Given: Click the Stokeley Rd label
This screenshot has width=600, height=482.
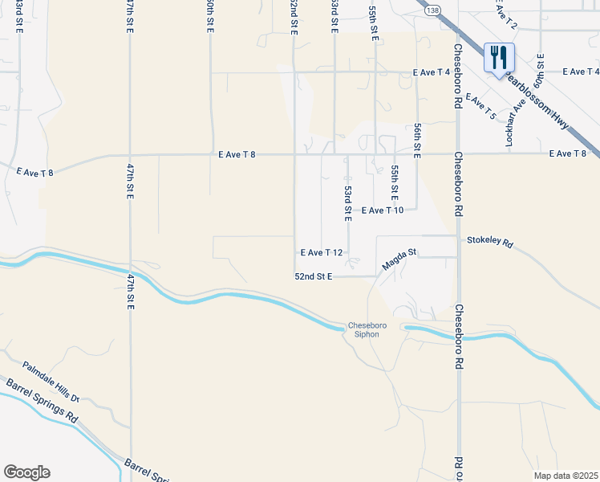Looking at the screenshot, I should (489, 240).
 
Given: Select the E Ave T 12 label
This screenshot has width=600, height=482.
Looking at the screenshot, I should (322, 252).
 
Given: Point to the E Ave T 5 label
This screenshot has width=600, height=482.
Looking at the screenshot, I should (480, 108).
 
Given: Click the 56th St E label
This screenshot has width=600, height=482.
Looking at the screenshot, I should (418, 141).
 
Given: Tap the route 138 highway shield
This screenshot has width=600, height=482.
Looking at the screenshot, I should (433, 10).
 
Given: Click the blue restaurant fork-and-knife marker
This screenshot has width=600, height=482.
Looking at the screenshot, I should (499, 57).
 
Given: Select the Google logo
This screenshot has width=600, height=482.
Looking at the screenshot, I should (26, 472).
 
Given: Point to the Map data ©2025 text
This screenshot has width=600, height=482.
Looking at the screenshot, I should (566, 476).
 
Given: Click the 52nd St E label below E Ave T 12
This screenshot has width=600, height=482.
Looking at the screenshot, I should (313, 276).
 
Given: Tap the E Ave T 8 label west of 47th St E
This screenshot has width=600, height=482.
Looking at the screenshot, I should (34, 171).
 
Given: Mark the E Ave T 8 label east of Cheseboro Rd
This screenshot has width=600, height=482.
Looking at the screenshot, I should (568, 153).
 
